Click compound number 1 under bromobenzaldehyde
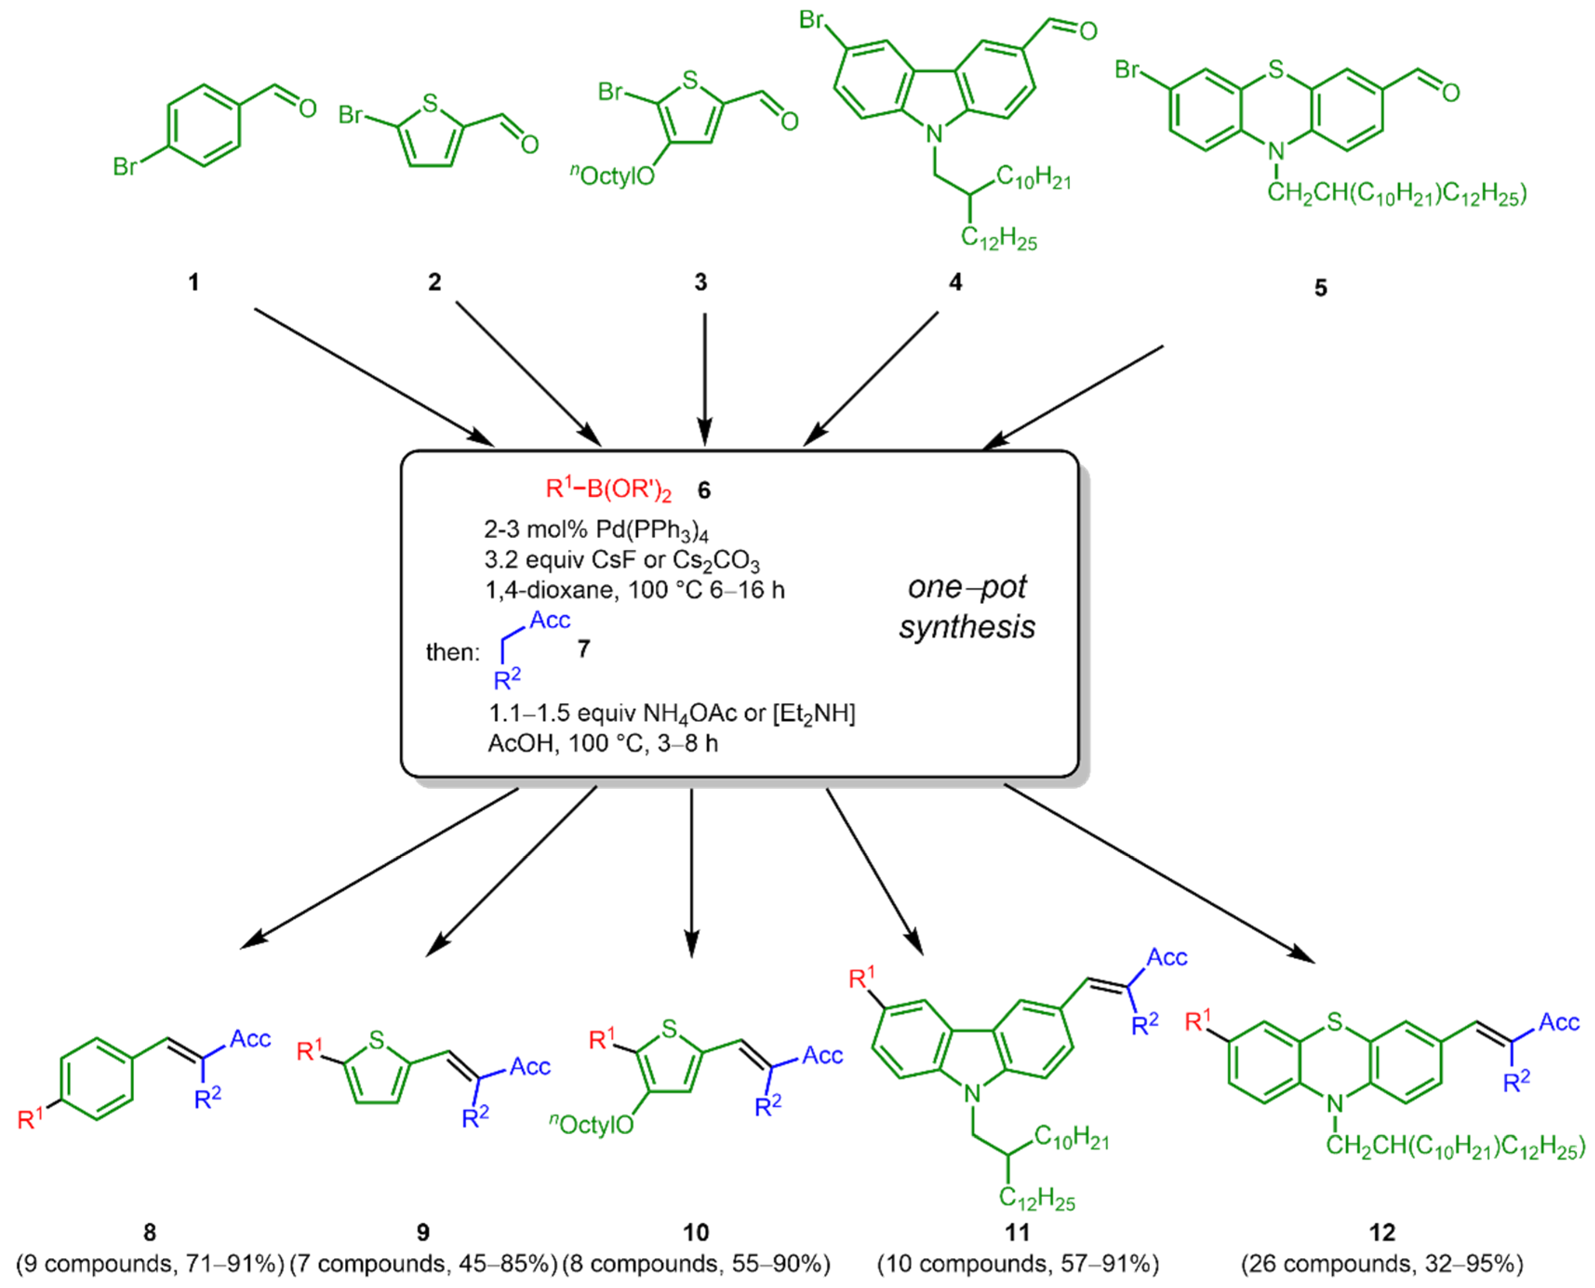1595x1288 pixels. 194,283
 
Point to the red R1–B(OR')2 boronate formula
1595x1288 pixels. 608,489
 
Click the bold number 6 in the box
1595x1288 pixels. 704,490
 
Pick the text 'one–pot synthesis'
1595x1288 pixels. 966,607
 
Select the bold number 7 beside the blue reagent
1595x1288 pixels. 584,649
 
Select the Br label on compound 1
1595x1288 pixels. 125,167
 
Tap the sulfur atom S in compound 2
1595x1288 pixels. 430,103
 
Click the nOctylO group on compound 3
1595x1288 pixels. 612,176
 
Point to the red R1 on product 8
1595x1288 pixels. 30,1117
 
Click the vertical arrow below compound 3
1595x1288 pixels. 704,378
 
